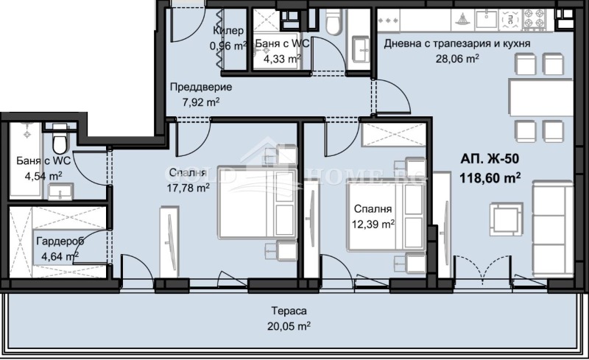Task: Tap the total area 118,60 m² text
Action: [x=490, y=177]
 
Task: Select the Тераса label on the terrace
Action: [x=293, y=311]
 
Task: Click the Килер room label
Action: [x=228, y=31]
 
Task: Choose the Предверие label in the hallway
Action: [x=195, y=87]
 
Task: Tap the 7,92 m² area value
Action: [x=200, y=102]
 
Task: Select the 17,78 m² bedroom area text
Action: [x=188, y=187]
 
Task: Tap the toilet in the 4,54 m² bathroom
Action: [x=59, y=137]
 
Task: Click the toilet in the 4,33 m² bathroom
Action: [x=332, y=24]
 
